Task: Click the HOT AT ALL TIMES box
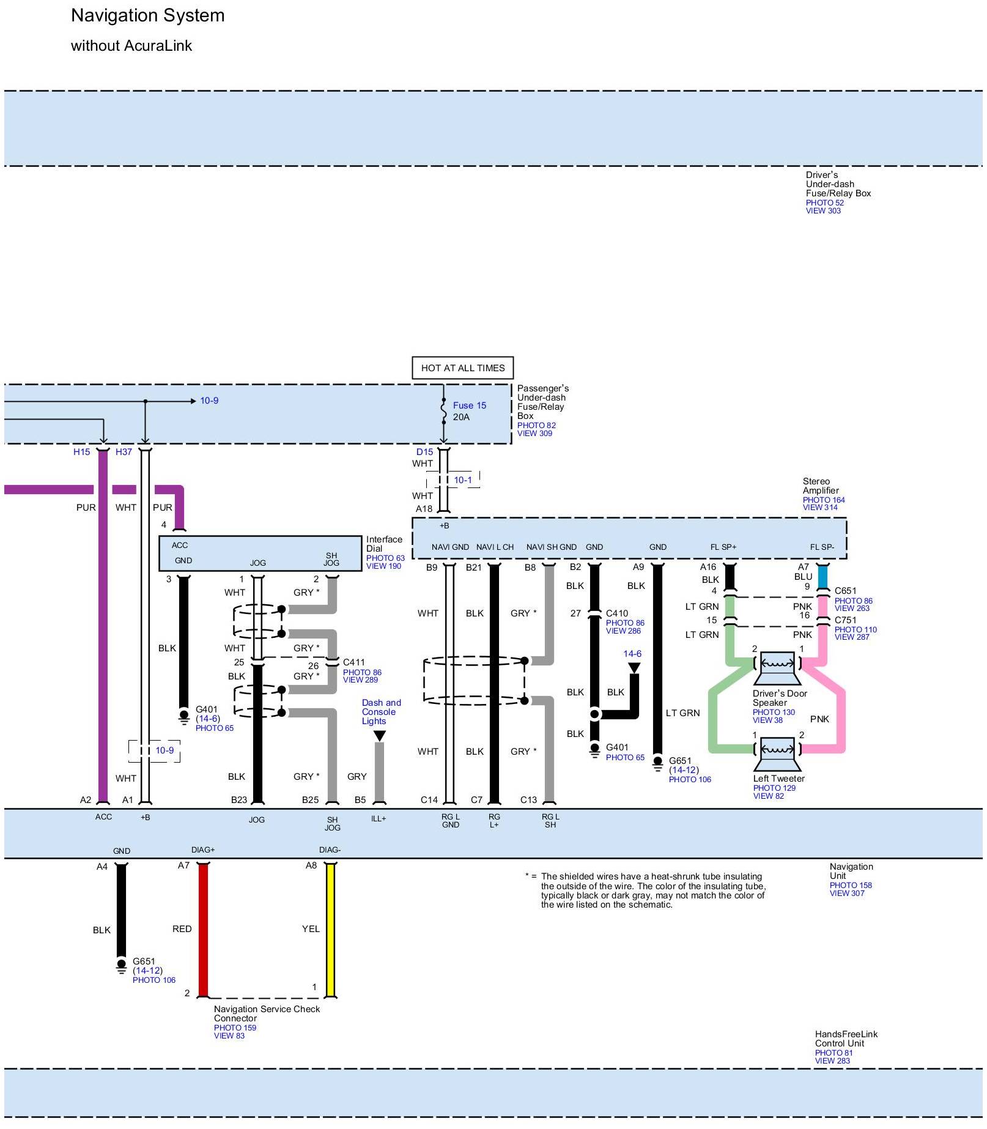[x=462, y=368]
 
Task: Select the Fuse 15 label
[x=469, y=405]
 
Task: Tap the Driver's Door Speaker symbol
[x=777, y=667]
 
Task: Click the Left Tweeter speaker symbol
[x=777, y=753]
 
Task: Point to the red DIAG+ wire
[x=203, y=930]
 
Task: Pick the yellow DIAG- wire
[x=330, y=930]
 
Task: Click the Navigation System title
[x=147, y=16]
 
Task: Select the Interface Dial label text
[x=384, y=544]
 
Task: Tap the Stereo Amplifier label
[x=821, y=486]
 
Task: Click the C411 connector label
[x=353, y=662]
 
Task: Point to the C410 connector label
[x=616, y=613]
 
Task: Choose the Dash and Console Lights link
[x=381, y=712]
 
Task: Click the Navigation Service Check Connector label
[x=267, y=1013]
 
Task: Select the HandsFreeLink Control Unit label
[x=846, y=1038]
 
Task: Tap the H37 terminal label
[x=124, y=452]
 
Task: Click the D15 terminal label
[x=424, y=452]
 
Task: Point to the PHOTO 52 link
[x=824, y=203]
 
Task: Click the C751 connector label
[x=845, y=620]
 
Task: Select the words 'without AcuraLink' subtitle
[x=131, y=46]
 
